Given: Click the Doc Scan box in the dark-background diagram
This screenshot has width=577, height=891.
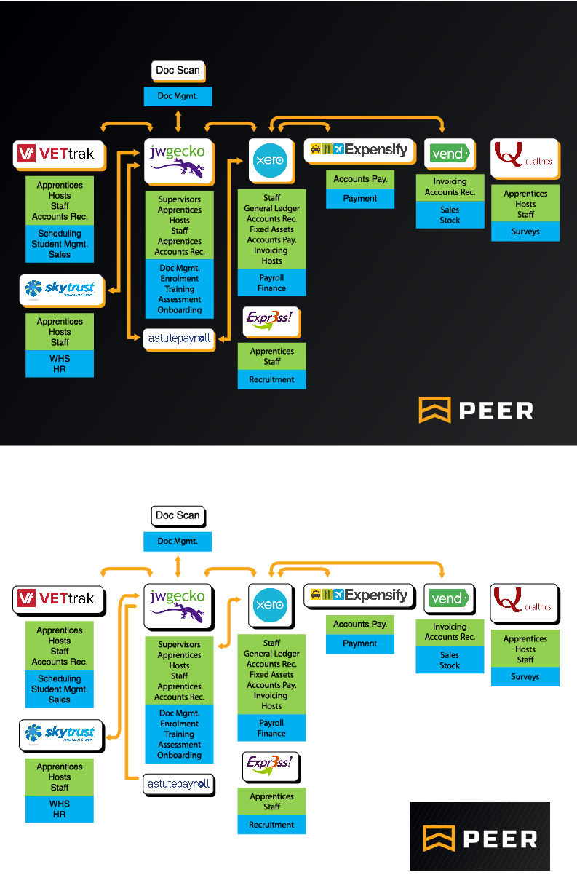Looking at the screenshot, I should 178,71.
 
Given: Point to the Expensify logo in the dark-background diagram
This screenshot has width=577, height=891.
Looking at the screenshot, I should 359,149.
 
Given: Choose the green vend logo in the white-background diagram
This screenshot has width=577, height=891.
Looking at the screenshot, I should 448,598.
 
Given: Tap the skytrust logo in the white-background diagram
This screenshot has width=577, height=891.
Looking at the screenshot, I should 60,733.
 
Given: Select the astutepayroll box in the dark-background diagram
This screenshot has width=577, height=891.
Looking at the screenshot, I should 179,338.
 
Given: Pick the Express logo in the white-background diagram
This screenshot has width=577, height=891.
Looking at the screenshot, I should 271,765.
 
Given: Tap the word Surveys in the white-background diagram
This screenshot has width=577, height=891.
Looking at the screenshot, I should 525,677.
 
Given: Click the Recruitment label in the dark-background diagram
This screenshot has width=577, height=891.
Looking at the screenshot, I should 271,379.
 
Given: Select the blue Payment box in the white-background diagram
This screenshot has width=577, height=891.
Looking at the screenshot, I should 359,643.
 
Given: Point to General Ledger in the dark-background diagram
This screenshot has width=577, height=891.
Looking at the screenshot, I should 271,208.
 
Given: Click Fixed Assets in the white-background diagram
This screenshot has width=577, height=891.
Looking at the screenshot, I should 271,675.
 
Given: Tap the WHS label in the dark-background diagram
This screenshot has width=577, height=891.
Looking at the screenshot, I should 60,359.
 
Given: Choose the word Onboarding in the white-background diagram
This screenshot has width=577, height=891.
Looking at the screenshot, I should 179,755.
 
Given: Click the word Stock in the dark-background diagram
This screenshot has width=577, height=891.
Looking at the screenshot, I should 450,220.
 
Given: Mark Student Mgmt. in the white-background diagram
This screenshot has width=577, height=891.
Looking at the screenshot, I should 60,689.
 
